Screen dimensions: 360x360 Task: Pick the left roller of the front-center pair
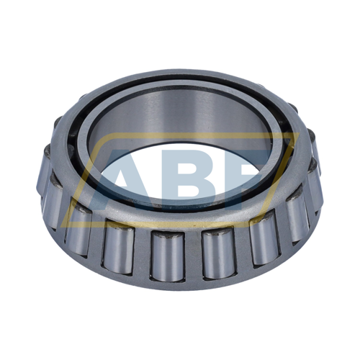167,255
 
